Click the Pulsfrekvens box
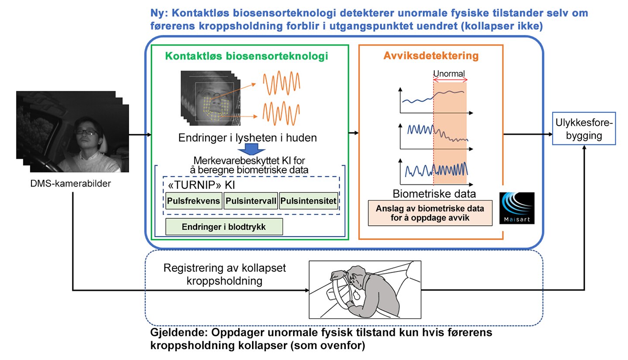coord(194,200)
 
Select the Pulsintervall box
coord(251,200)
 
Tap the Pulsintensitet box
coord(308,200)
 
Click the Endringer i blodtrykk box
coord(224,227)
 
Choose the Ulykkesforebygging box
coord(584,129)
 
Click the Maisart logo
coord(517,208)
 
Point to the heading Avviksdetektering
coord(431,55)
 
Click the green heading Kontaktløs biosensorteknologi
coord(246,56)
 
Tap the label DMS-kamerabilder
coord(70,183)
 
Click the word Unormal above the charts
coord(449,74)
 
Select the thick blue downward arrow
coord(252,149)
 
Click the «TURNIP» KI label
coord(201,185)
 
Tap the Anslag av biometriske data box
coord(430,213)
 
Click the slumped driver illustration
coord(365,290)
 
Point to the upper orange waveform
coord(281,83)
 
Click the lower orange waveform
coord(281,113)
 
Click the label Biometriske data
coord(434,194)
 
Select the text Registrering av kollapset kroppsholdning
coord(225,274)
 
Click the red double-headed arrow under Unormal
coord(450,80)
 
